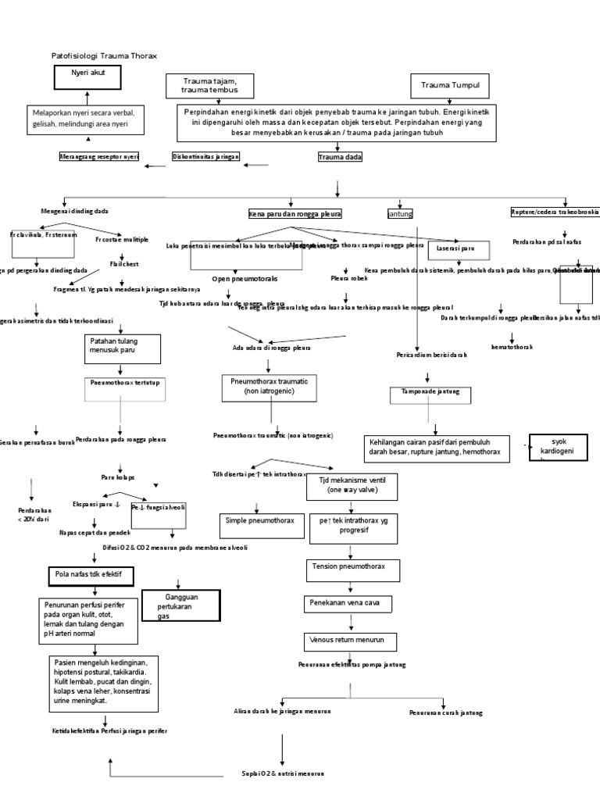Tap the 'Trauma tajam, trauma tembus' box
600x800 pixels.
pos(210,86)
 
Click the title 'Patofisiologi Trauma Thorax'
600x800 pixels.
pos(104,56)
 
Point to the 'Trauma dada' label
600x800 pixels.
pos(340,157)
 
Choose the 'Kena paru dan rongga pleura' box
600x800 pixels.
pos(295,213)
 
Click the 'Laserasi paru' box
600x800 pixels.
pos(459,249)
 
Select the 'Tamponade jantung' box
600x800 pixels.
pos(430,395)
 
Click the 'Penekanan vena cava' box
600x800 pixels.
pos(347,604)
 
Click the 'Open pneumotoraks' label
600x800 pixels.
pos(245,278)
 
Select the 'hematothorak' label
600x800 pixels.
pos(512,346)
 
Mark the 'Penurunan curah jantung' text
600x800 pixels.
pos(445,712)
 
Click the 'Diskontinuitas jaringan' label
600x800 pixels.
pos(205,157)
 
